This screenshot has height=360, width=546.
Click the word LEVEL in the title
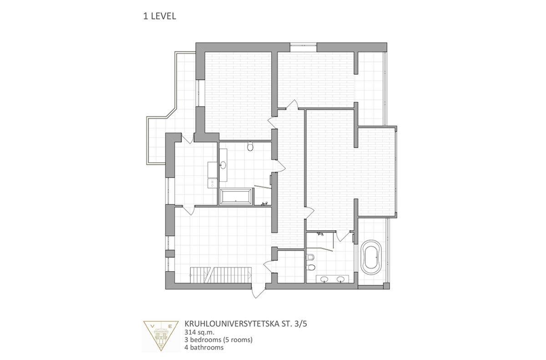[x=163, y=16]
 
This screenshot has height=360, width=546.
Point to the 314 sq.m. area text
[x=199, y=332]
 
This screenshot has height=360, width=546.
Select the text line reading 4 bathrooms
[x=204, y=347]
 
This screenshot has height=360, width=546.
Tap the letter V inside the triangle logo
[x=153, y=326]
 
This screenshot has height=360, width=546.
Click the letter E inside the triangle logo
[x=170, y=326]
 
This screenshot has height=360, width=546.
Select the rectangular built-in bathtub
[x=236, y=197]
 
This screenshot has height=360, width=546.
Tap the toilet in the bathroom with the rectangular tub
[x=250, y=146]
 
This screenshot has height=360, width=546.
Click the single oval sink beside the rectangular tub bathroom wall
[x=223, y=165]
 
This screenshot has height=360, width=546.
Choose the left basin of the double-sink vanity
[x=324, y=279]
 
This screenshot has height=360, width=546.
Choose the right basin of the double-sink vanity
[x=340, y=279]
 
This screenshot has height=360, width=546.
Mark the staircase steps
[x=221, y=275]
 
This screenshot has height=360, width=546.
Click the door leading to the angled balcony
[x=187, y=138]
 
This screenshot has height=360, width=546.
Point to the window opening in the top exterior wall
[x=303, y=47]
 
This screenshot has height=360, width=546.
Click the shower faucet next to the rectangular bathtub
[x=265, y=203]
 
